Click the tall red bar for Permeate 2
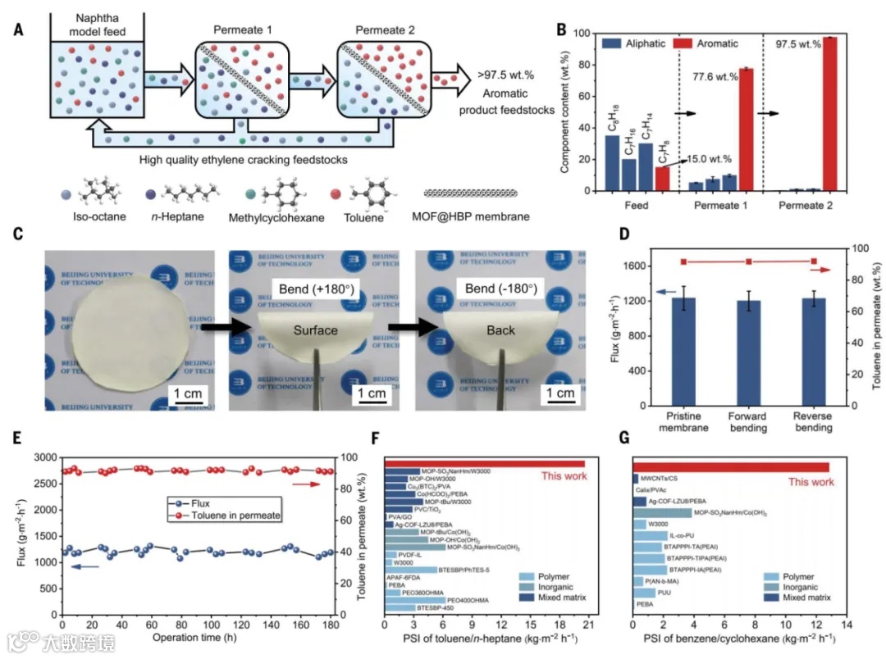829,114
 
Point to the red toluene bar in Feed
661,179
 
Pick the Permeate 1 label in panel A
242,31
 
